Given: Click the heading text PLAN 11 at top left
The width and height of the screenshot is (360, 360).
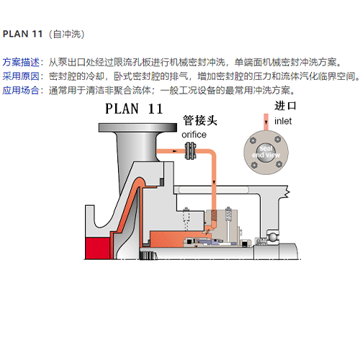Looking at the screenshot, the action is point(22,34).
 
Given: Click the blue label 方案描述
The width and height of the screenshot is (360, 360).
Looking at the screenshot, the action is point(21,62).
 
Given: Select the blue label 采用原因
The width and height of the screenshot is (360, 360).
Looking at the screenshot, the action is point(21,76).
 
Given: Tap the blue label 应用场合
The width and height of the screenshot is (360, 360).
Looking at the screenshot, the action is point(21,91).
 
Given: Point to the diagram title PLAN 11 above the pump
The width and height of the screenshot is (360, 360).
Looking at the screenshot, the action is point(134,109).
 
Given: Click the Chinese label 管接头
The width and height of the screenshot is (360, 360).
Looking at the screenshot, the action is point(200,120).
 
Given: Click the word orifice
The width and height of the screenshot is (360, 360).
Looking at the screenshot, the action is point(194,135).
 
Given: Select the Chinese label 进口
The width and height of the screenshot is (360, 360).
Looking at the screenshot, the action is point(285,106).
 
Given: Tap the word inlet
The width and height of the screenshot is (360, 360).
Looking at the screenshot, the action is point(283,121).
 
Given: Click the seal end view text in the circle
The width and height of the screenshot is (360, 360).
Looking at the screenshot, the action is point(266,152).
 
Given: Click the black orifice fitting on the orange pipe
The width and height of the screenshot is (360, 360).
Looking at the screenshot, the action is point(191,151).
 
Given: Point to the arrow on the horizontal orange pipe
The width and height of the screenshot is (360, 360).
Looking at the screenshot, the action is point(175,151).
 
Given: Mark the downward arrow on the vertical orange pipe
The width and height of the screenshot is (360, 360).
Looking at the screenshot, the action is point(214,182).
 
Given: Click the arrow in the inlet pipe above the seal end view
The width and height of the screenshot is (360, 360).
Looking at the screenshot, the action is point(266,122).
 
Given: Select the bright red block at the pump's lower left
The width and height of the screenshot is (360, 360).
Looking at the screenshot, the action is point(97,248).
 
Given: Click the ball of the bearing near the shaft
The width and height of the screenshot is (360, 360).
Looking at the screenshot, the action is point(273,237).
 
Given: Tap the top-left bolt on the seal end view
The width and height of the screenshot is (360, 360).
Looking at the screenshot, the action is point(253,141).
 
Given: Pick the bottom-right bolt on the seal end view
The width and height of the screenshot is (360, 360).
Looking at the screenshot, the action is point(279,164).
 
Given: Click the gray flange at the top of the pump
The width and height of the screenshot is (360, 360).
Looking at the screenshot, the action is point(138,127).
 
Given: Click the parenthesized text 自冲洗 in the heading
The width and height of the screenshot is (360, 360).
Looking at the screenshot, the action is point(67,34).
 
